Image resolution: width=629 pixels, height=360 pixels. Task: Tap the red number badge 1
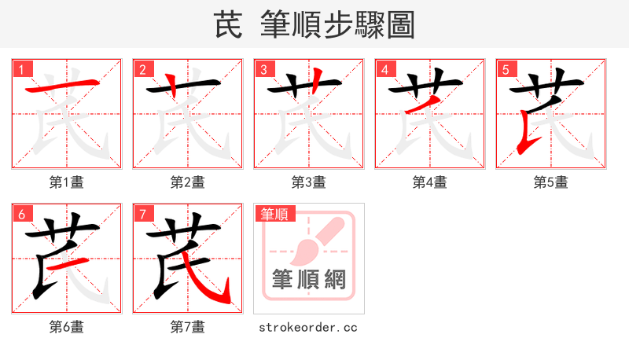point(21,69)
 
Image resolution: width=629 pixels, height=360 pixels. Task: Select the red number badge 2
point(142,69)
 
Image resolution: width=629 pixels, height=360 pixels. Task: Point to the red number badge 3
point(263,69)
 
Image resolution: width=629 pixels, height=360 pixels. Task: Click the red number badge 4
point(384,69)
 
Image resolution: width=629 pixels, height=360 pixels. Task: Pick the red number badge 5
point(506,69)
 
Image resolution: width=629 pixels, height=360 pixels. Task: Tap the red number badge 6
point(21,214)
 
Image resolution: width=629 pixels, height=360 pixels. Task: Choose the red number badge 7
point(142,214)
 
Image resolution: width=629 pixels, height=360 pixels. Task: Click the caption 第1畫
point(67,182)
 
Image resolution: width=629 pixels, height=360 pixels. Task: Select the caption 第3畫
point(309,182)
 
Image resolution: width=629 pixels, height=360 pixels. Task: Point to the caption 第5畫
point(551,182)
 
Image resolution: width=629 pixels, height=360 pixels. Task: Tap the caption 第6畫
point(67,327)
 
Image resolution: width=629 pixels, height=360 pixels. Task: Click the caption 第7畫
point(188,327)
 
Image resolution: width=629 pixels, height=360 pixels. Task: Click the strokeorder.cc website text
point(308,327)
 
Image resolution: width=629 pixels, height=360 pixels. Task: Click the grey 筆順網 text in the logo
point(308,280)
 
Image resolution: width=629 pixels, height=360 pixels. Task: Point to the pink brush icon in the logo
point(314,240)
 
